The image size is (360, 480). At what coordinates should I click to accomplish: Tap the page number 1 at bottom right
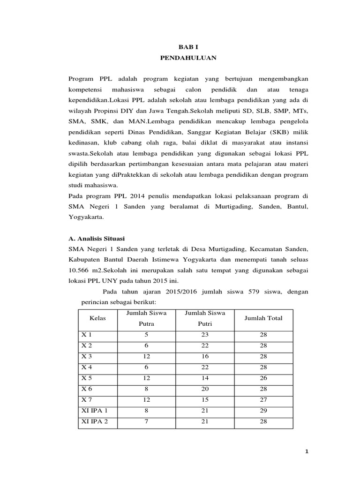tap(307, 451)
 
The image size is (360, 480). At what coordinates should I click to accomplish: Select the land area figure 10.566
tap(80, 270)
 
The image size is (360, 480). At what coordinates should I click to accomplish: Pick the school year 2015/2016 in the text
tap(182, 292)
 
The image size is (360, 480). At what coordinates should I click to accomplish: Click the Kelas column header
tap(97, 318)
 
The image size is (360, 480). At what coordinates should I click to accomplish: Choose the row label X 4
tap(88, 367)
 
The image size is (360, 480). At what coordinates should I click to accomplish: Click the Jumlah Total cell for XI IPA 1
tap(263, 411)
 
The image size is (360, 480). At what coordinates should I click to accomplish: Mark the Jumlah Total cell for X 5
tap(263, 378)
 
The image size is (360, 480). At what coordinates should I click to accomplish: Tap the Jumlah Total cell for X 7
tap(263, 400)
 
